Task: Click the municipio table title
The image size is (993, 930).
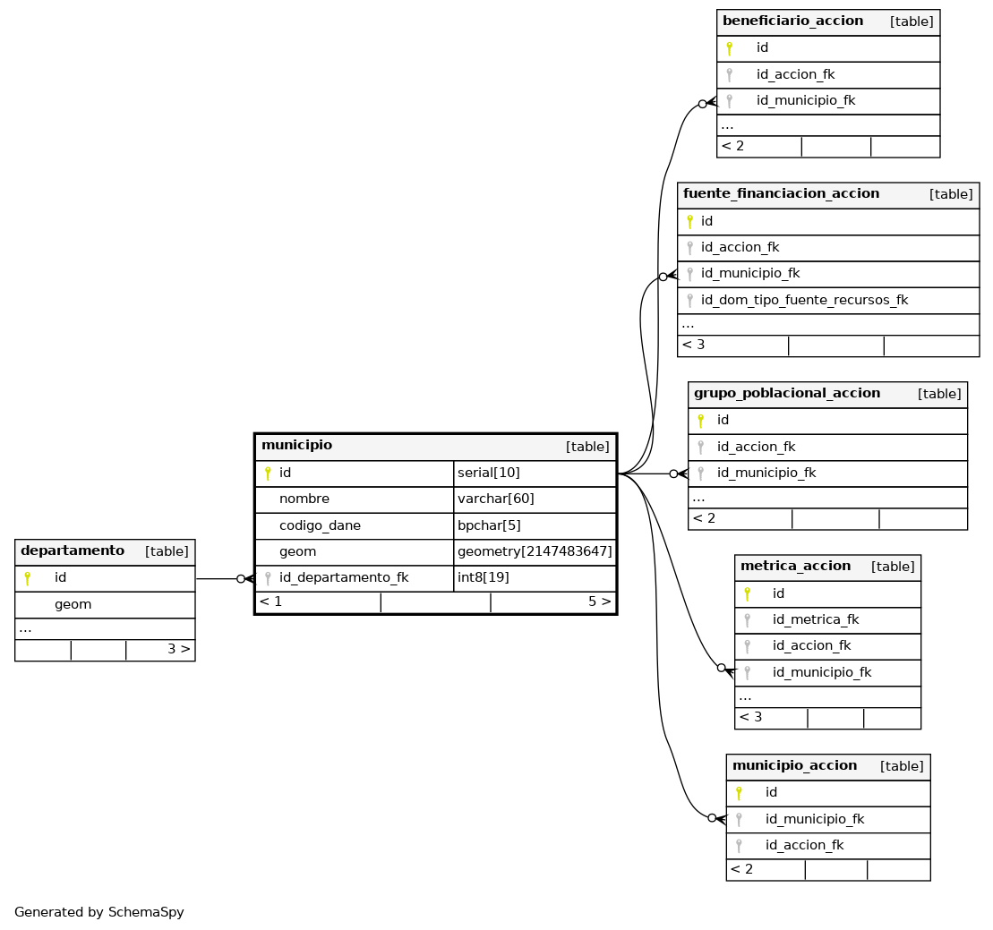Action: pos(296,445)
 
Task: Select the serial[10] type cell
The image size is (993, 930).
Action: pos(488,473)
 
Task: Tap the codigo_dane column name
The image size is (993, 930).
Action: pos(320,525)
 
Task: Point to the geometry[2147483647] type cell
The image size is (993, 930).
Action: pos(535,551)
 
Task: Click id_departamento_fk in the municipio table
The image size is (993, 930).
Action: pos(344,577)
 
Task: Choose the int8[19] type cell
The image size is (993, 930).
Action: pos(484,577)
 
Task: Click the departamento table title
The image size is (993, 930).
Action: pos(73,550)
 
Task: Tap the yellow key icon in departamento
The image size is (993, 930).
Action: pos(27,578)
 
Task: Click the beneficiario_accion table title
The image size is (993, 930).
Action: pos(793,21)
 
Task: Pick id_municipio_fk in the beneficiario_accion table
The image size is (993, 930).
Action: pos(806,100)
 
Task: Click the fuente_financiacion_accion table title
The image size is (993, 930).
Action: pos(781,193)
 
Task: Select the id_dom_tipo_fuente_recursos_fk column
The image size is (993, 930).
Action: pos(804,300)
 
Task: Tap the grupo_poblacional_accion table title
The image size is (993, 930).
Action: pos(786,393)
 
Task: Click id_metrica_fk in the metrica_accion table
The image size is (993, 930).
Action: pos(816,619)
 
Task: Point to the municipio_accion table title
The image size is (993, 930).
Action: pos(795,765)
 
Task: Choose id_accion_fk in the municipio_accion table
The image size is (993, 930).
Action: pos(804,845)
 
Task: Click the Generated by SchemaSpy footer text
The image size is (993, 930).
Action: pos(98,912)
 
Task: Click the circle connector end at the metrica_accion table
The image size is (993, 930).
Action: pos(722,667)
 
